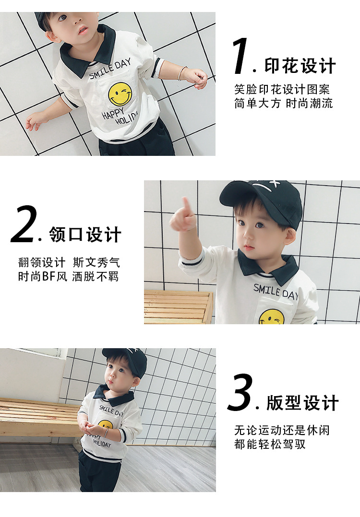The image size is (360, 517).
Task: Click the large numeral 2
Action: pyautogui.click(x=24, y=224)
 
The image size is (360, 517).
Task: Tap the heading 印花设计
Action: pyautogui.click(x=300, y=66)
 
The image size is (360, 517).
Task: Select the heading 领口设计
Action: pyautogui.click(x=85, y=235)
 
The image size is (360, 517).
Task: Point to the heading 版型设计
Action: pyautogui.click(x=302, y=402)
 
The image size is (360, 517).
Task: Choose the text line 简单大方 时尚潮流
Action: pyautogui.click(x=284, y=103)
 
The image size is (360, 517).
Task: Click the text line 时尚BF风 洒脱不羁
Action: pyautogui.click(x=68, y=276)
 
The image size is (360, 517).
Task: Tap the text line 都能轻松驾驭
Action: pyautogui.click(x=270, y=444)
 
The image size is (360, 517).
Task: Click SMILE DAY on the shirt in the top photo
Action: pyautogui.click(x=110, y=69)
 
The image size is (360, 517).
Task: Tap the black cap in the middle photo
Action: pyautogui.click(x=263, y=200)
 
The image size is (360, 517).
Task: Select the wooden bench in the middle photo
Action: pyautogui.click(x=179, y=306)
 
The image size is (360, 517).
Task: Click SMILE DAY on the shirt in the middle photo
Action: pyautogui.click(x=276, y=292)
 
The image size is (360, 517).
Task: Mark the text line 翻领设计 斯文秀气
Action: pyautogui.click(x=69, y=262)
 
